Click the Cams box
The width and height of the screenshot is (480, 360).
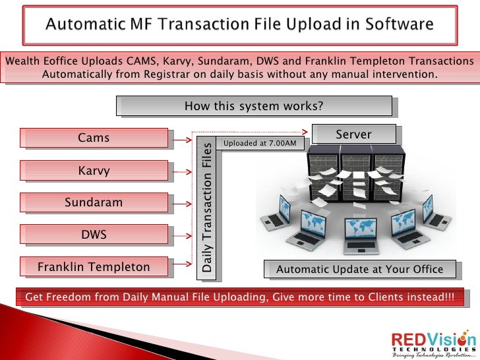tap(94, 138)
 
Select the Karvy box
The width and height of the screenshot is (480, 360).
tap(94, 171)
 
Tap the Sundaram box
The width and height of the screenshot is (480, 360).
tap(94, 202)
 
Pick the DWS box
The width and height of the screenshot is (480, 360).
tap(94, 234)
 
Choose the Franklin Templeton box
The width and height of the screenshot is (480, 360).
tap(94, 267)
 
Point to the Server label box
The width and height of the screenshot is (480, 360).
tap(353, 135)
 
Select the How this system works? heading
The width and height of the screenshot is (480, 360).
tap(254, 106)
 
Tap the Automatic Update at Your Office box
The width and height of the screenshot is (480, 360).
tap(359, 269)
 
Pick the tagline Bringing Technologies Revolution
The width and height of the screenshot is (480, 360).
tap(433, 355)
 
